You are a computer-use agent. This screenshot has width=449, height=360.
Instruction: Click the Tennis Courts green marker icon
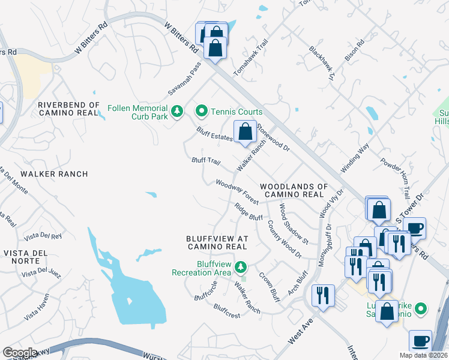click(202, 112)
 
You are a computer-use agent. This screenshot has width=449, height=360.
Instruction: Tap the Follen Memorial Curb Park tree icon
click(176, 112)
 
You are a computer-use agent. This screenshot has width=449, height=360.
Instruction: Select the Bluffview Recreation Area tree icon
click(241, 266)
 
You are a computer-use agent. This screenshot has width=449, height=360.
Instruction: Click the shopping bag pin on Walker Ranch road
click(244, 132)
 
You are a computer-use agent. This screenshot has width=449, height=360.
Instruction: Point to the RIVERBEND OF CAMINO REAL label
click(68, 109)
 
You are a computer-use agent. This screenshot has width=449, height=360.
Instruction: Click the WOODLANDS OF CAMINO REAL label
click(294, 191)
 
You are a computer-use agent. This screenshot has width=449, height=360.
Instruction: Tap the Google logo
click(20, 353)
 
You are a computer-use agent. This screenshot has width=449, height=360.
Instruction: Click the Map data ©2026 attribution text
click(424, 355)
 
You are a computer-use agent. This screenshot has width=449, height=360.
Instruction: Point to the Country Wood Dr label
click(284, 239)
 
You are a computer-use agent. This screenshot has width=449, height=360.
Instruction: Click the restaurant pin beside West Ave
click(323, 295)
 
